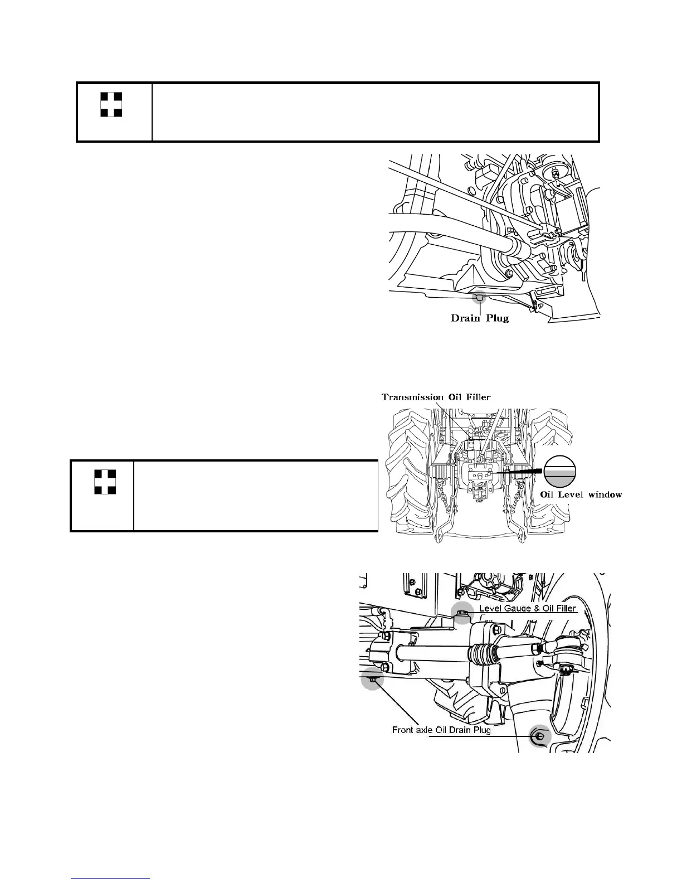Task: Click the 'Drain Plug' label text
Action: pyautogui.click(x=480, y=318)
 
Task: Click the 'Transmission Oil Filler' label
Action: pyautogui.click(x=436, y=397)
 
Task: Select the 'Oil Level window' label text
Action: pyautogui.click(x=582, y=494)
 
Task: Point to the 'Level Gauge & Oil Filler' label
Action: pyautogui.click(x=528, y=608)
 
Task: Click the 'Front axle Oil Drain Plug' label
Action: pyautogui.click(x=441, y=730)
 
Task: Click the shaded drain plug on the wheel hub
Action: pyautogui.click(x=539, y=736)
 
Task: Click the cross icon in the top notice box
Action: pyautogui.click(x=111, y=105)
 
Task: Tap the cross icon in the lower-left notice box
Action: pyautogui.click(x=105, y=482)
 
